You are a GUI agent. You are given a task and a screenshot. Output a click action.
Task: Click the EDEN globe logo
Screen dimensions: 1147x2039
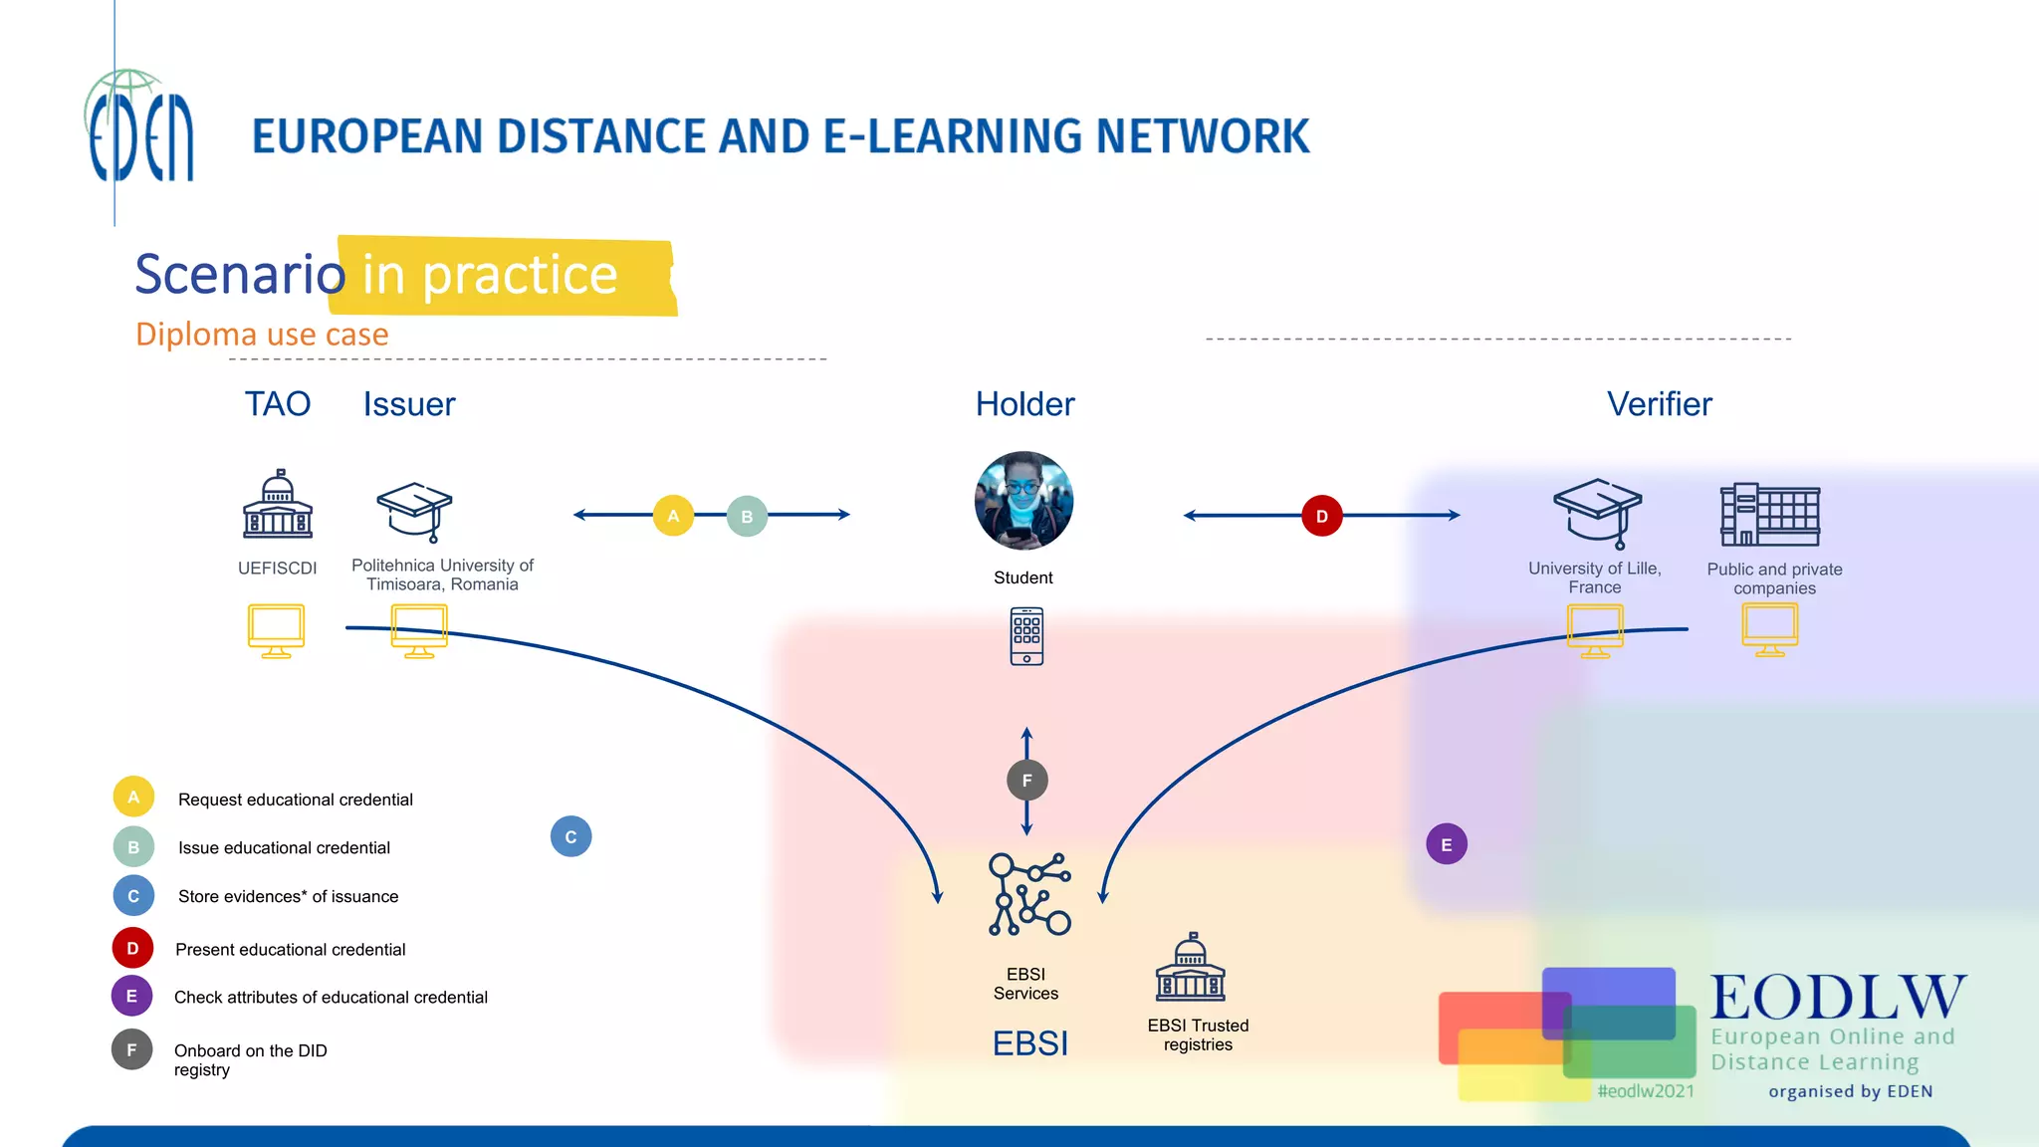(139, 127)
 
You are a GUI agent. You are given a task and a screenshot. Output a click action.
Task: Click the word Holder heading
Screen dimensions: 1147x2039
(1024, 404)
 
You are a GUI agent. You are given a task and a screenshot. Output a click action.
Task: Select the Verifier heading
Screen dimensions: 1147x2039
(1659, 404)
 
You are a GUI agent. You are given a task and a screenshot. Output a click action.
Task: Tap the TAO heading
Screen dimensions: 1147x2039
(278, 404)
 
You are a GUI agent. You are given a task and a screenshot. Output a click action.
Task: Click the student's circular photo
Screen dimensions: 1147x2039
(1023, 501)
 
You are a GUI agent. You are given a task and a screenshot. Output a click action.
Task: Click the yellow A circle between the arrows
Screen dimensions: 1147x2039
(673, 516)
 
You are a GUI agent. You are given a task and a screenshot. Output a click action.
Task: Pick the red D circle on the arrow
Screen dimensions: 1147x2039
(1321, 516)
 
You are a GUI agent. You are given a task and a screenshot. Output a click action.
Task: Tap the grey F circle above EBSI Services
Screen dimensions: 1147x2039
(1026, 781)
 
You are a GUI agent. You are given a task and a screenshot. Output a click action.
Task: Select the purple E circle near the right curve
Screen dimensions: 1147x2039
(1446, 844)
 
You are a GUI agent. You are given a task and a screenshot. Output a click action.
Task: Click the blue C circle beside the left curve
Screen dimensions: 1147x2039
(570, 836)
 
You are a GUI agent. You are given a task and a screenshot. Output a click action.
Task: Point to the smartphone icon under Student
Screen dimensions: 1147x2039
(1026, 636)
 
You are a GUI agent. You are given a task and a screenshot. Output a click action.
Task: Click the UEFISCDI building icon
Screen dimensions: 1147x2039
(278, 505)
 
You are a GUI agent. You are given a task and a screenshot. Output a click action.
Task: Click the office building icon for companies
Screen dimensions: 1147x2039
(1769, 515)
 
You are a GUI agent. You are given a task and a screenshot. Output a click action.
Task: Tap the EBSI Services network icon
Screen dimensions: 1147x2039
(1029, 894)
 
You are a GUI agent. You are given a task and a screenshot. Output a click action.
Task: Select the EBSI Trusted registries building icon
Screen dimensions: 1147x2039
(1190, 968)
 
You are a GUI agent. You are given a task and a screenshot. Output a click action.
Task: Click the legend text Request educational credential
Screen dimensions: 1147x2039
(295, 800)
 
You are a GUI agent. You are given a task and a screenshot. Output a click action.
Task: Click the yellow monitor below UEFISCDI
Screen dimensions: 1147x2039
(276, 630)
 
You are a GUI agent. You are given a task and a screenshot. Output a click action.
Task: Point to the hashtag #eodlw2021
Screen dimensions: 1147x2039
(1645, 1091)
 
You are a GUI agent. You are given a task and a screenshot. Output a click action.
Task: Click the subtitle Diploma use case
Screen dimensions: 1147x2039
(262, 335)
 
